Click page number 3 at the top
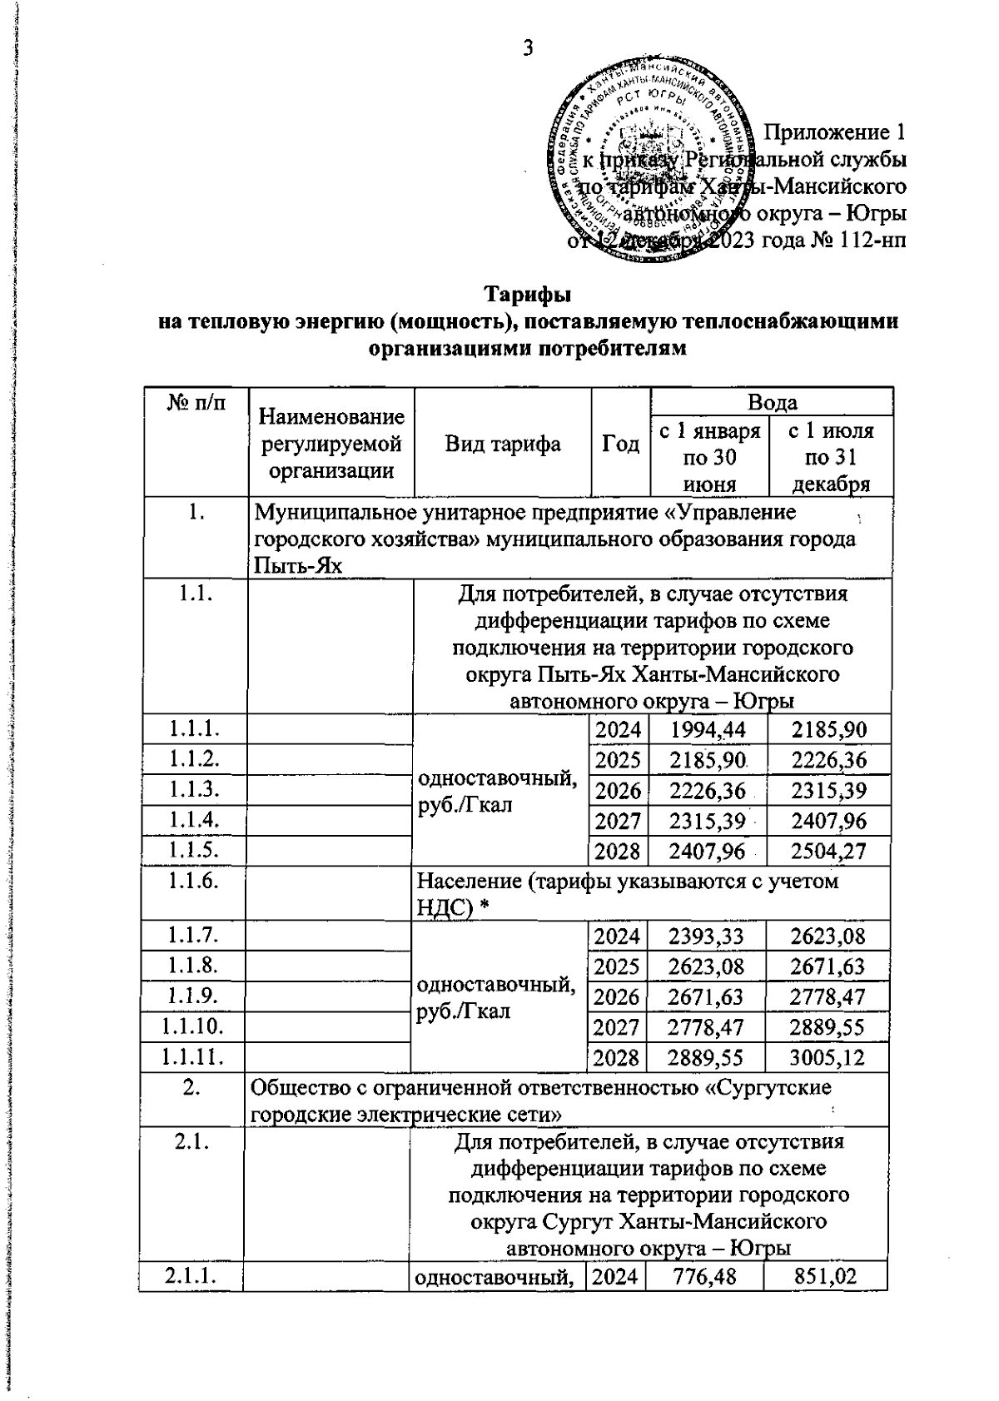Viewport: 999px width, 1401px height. pyautogui.click(x=527, y=47)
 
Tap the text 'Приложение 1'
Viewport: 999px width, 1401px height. pyautogui.click(x=834, y=132)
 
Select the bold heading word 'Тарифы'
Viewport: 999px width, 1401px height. pyautogui.click(x=528, y=295)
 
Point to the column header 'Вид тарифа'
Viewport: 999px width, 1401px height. pyautogui.click(x=502, y=444)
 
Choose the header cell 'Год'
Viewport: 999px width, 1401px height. pyautogui.click(x=620, y=444)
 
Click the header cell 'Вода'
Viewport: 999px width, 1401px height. pyautogui.click(x=772, y=402)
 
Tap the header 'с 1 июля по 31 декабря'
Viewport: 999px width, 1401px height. pyautogui.click(x=830, y=456)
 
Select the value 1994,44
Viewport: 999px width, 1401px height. pyautogui.click(x=708, y=730)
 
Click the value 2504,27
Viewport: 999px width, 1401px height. pyautogui.click(x=828, y=851)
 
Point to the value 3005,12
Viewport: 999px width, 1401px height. pyautogui.click(x=828, y=1057)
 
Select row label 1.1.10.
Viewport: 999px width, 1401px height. pyautogui.click(x=193, y=1026)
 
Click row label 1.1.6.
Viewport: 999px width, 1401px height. pyautogui.click(x=193, y=881)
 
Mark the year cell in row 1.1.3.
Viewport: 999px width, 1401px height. pyautogui.click(x=619, y=790)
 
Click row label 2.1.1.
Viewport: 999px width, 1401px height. pyautogui.click(x=191, y=1275)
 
